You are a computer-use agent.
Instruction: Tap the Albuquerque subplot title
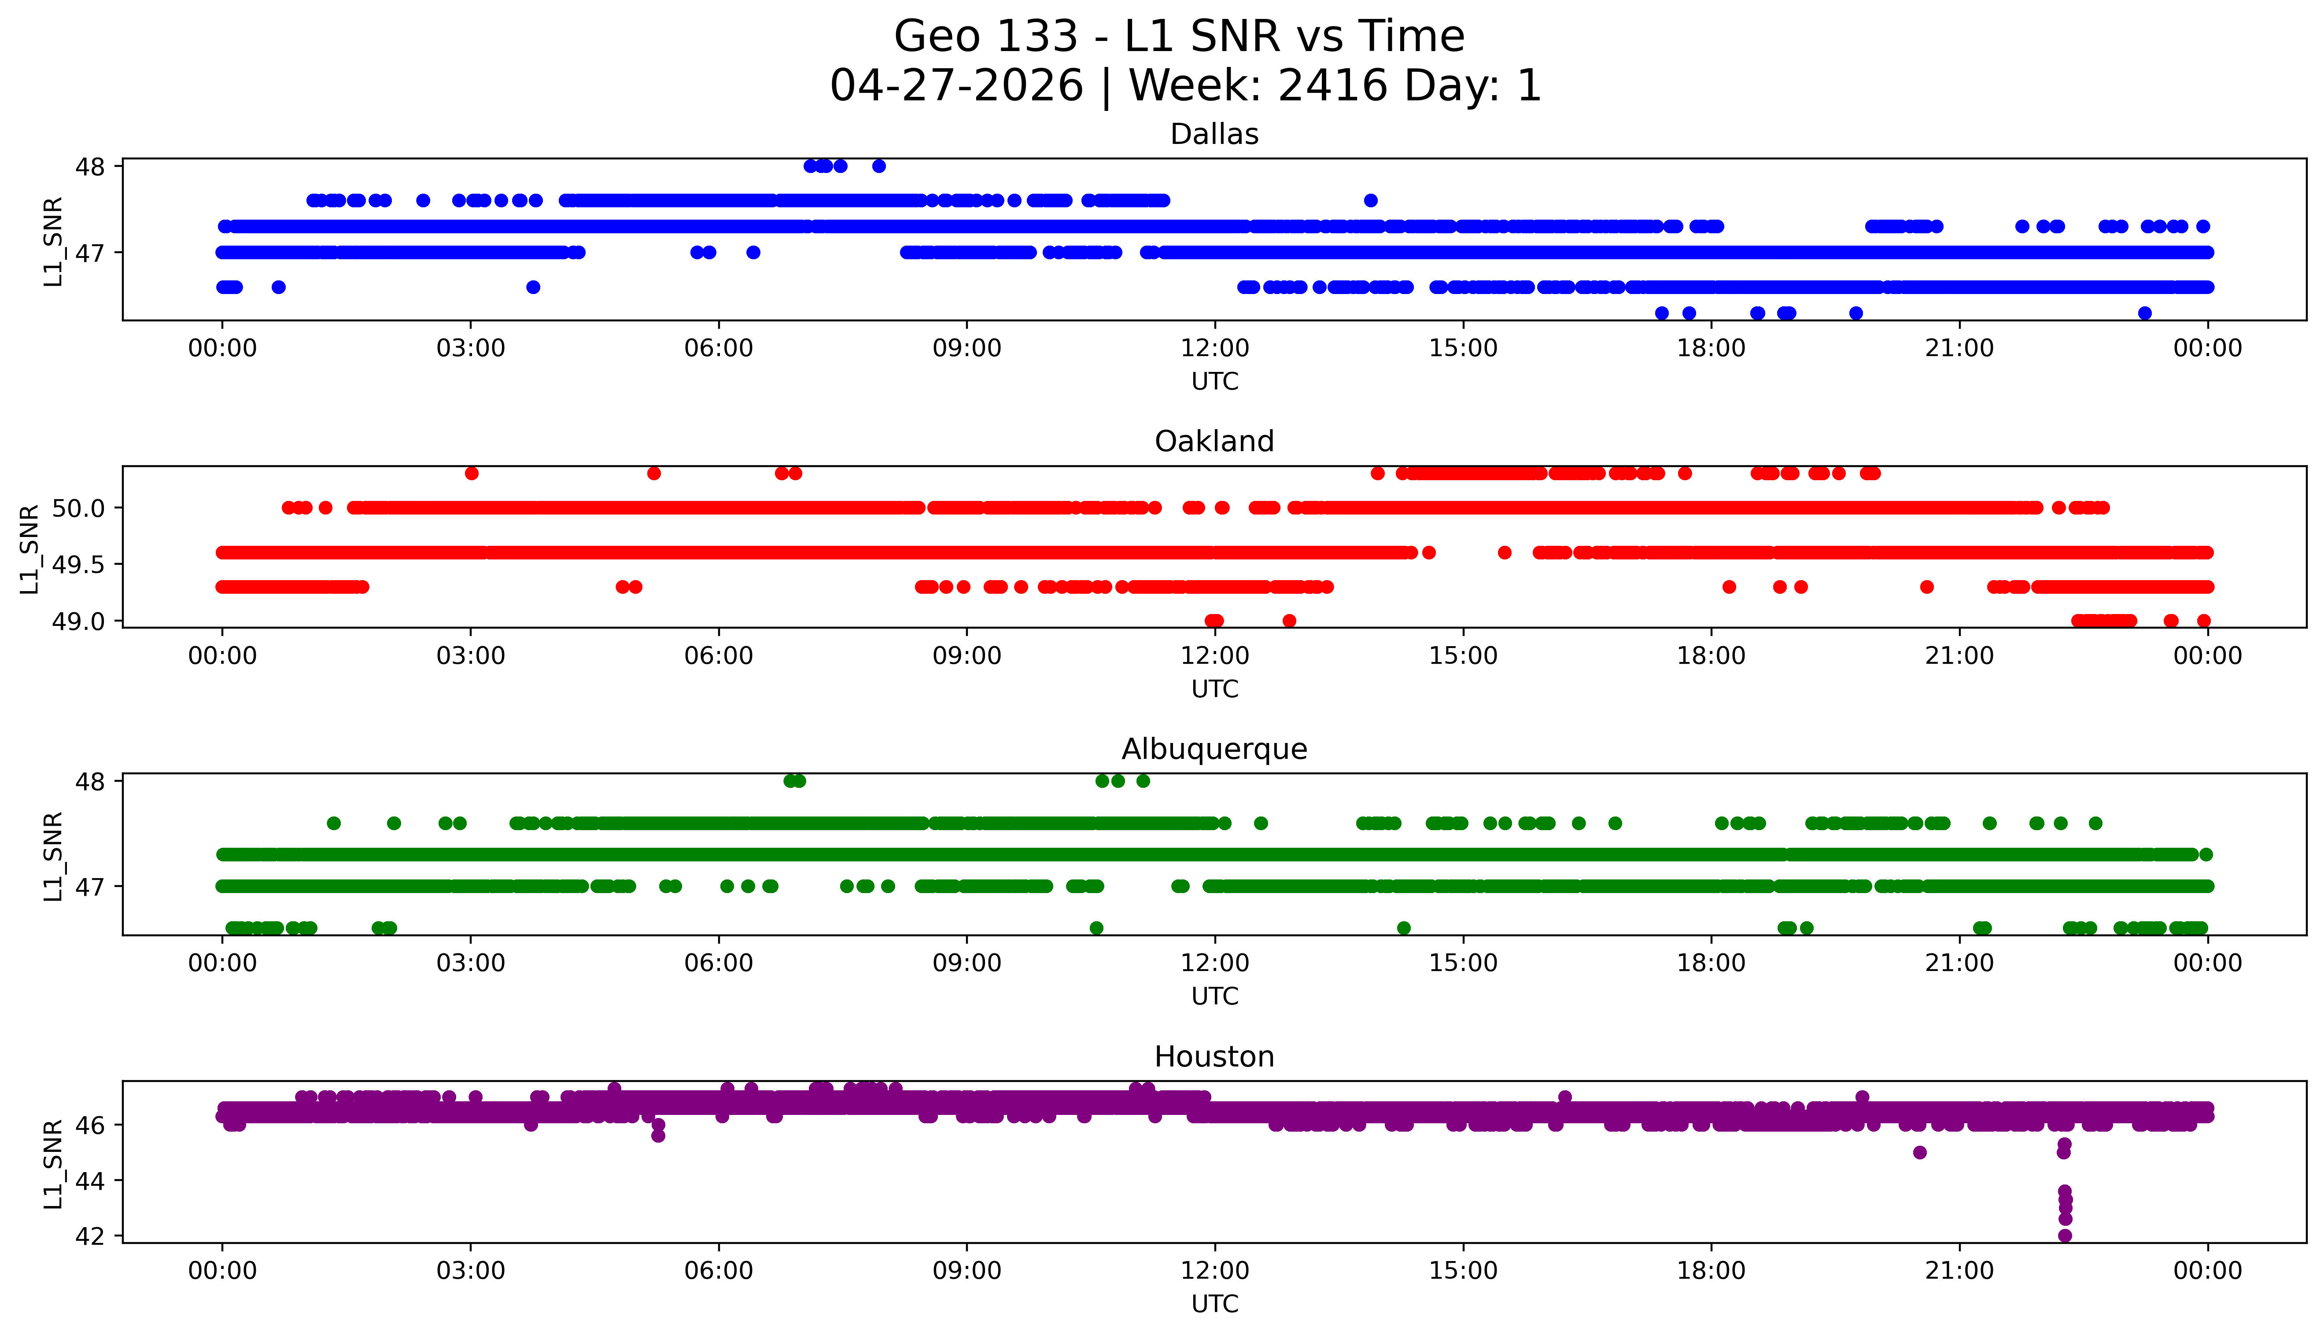(1214, 749)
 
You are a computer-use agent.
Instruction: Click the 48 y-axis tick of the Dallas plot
(91, 167)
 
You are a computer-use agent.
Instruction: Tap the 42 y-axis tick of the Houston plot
(91, 1236)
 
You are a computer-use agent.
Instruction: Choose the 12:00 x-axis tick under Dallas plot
(1215, 349)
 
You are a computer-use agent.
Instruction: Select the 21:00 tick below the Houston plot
(1960, 1271)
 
